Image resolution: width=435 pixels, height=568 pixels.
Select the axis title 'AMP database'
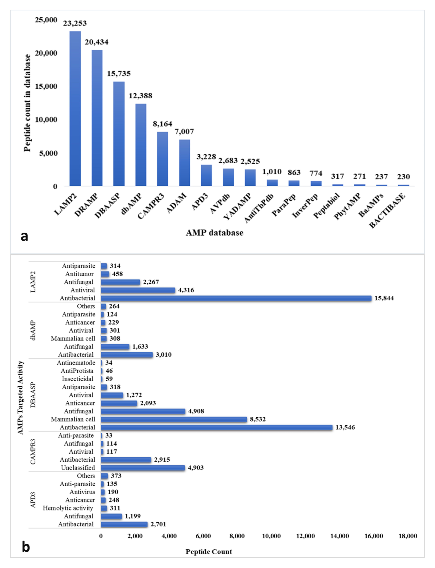(x=214, y=233)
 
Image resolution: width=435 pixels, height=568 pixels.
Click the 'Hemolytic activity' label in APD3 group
(x=68, y=508)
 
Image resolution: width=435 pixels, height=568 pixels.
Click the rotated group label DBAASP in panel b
(x=33, y=395)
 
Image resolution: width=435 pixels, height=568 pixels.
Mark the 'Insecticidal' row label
(x=77, y=379)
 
